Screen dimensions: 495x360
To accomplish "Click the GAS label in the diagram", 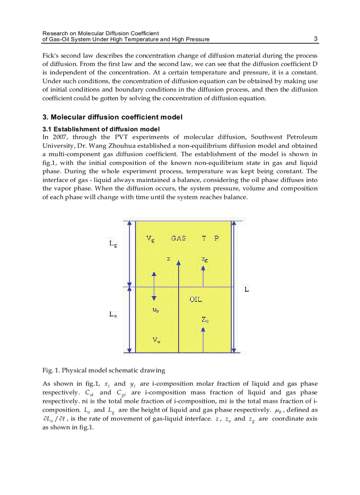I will tap(178, 238).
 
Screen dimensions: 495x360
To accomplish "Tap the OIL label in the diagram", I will tap(195, 299).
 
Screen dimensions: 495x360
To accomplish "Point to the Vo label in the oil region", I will tap(156, 339).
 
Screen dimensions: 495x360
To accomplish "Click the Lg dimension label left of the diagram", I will tap(113, 243).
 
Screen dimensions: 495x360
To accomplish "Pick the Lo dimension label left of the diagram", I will tap(113, 314).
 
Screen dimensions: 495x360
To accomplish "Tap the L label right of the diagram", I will tap(247, 290).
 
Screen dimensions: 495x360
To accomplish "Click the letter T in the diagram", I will tap(204, 238).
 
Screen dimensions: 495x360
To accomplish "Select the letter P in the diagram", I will tap(216, 238).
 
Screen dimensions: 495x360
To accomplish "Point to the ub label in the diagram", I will tap(155, 310).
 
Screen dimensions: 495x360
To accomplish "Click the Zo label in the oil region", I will tap(205, 320).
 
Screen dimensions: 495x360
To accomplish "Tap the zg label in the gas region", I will tap(205, 260).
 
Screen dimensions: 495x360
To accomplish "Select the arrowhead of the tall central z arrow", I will tap(178, 263).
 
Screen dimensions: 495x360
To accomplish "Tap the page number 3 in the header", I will tap(315, 39).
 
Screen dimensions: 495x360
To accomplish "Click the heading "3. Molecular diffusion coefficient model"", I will tap(112, 117).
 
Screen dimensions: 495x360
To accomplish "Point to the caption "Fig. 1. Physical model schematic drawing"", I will tap(104, 370).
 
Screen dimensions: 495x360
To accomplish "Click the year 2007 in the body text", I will tap(59, 137).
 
